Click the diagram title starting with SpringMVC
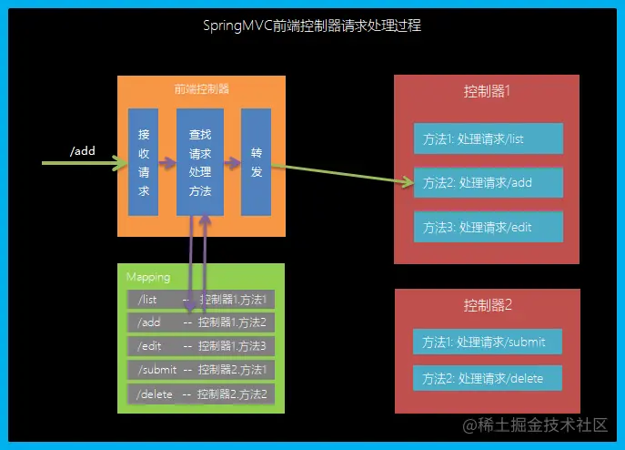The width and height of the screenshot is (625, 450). coord(312,26)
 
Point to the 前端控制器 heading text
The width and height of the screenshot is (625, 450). coord(201,89)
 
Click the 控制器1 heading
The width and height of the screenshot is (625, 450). coord(487,92)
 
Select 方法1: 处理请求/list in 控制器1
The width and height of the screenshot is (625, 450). coord(488,138)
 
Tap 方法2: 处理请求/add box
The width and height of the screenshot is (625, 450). coord(488,182)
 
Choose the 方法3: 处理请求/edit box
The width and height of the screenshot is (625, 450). coord(488,226)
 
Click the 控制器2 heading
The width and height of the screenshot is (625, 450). coord(487,304)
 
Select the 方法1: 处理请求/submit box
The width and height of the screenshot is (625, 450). coord(487,342)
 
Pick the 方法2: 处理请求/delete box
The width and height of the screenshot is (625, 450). coord(487,377)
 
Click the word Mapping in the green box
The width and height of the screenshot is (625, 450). coord(146,277)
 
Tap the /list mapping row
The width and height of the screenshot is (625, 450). coord(200,299)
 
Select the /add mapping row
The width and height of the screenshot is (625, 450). coord(200,322)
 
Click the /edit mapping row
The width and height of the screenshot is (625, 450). coord(200,346)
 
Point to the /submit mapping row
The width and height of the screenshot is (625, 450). coord(200,370)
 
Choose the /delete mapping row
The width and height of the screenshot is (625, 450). coord(200,394)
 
